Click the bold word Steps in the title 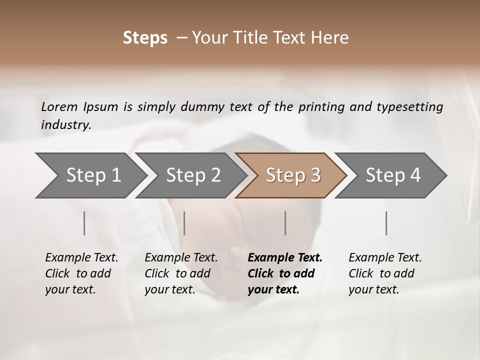pyautogui.click(x=145, y=37)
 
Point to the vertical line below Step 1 pyautogui.click(x=84, y=223)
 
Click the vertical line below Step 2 pyautogui.click(x=184, y=223)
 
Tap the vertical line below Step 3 pyautogui.click(x=285, y=223)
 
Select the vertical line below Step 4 pyautogui.click(x=386, y=223)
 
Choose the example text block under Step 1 pyautogui.click(x=81, y=273)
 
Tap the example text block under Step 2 pyautogui.click(x=181, y=273)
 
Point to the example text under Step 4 pyautogui.click(x=385, y=273)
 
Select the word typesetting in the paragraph pyautogui.click(x=409, y=106)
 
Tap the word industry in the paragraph pyautogui.click(x=65, y=124)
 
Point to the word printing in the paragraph pyautogui.click(x=320, y=106)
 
